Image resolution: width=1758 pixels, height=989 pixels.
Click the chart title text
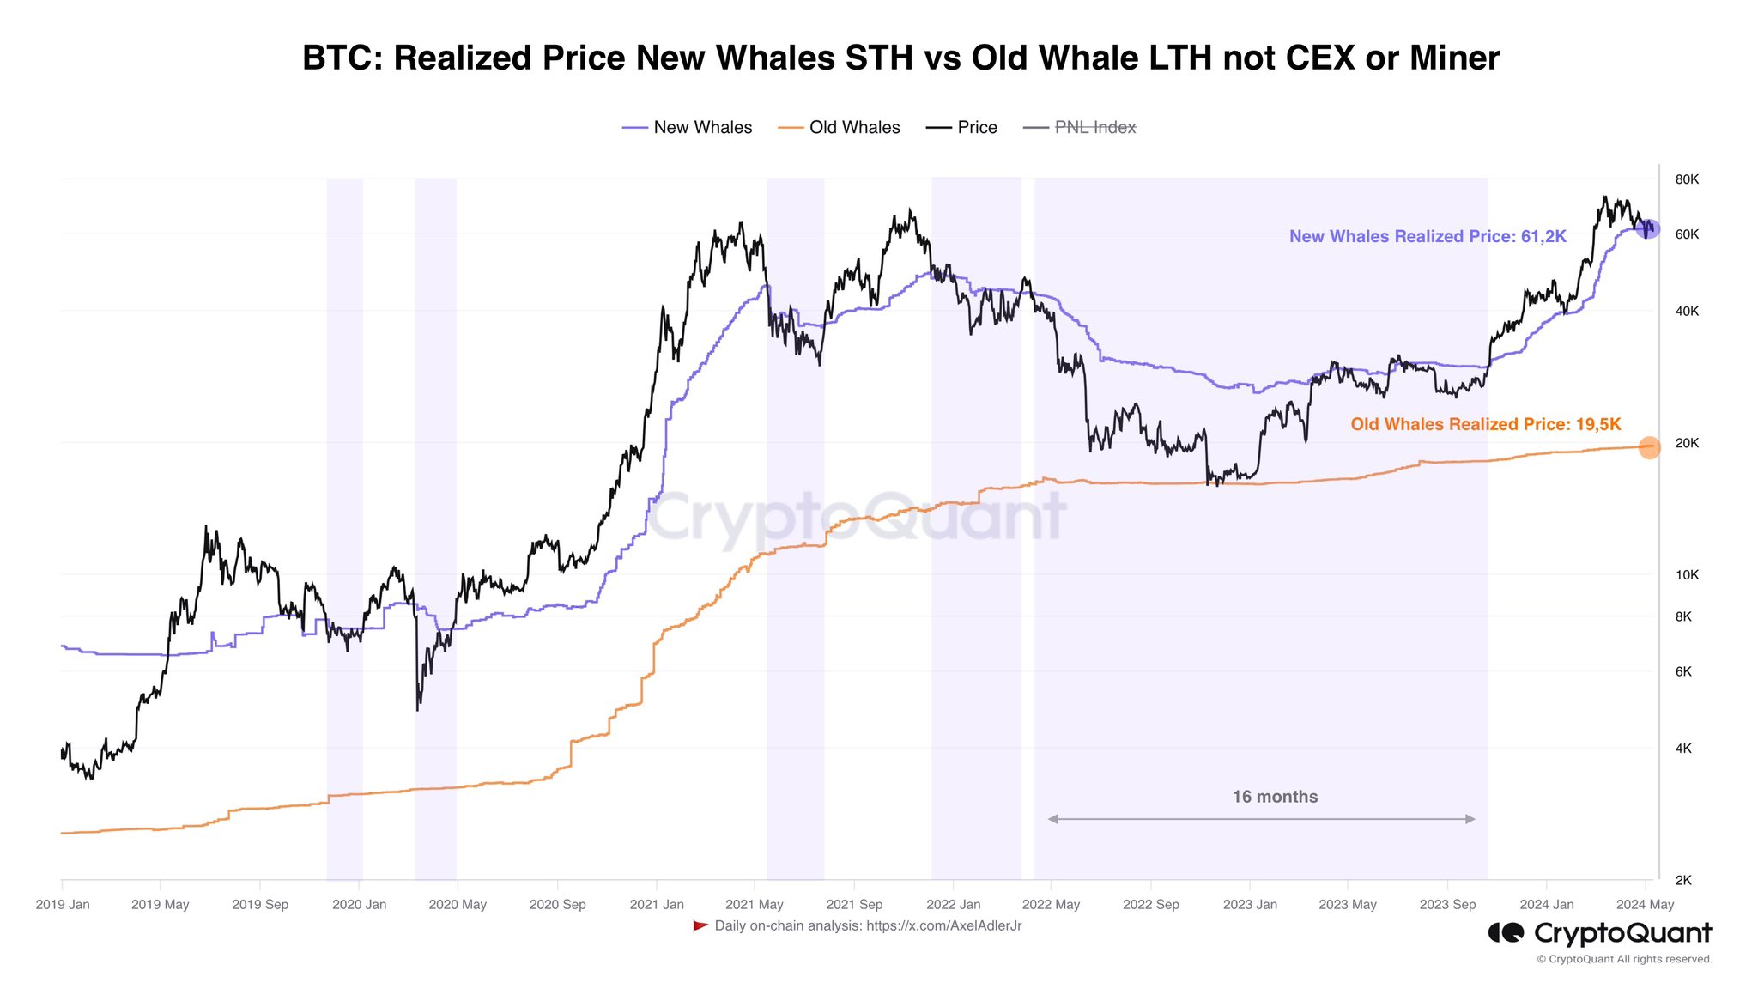click(x=900, y=58)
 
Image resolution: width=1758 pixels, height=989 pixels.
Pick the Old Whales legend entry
click(x=839, y=128)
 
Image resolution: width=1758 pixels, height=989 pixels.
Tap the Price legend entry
click(x=961, y=128)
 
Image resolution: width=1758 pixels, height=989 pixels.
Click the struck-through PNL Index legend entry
click(x=1080, y=128)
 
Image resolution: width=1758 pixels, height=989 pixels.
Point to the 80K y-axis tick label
click(x=1687, y=179)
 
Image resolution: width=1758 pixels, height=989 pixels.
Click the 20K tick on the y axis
click(x=1687, y=443)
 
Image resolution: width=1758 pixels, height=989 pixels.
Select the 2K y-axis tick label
click(x=1683, y=880)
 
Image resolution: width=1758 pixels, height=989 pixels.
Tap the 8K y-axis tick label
click(x=1683, y=616)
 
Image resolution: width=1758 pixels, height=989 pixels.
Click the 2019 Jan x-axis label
click(x=63, y=905)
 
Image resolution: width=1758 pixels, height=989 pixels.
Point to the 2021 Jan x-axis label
click(x=657, y=905)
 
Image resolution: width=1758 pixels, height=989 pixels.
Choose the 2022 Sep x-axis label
click(x=1151, y=905)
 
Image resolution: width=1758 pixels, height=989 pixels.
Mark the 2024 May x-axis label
click(x=1645, y=905)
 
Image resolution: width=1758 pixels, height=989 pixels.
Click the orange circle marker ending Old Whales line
click(x=1649, y=447)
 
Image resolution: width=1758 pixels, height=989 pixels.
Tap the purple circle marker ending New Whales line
click(x=1647, y=229)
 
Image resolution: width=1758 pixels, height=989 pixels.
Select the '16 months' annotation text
click(x=1275, y=797)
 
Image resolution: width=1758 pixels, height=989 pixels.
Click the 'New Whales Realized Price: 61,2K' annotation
click(x=1428, y=237)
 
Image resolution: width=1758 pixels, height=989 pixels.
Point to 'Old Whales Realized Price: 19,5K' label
click(x=1486, y=424)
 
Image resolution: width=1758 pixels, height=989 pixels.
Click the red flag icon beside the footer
click(x=700, y=925)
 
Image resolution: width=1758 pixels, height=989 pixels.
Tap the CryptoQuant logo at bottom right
click(x=1600, y=933)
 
